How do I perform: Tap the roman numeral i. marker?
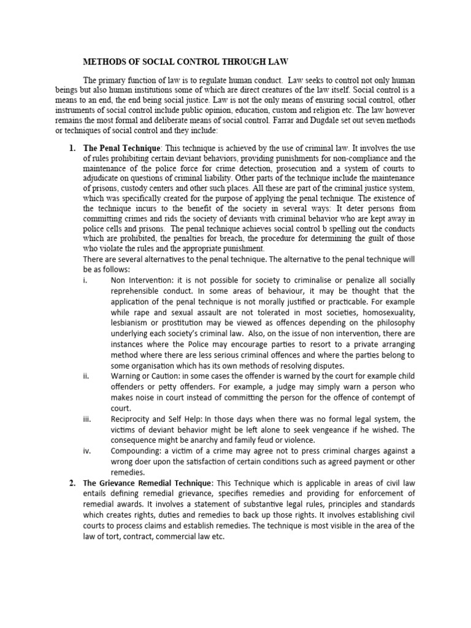(84, 280)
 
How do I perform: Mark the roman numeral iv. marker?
(86, 451)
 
